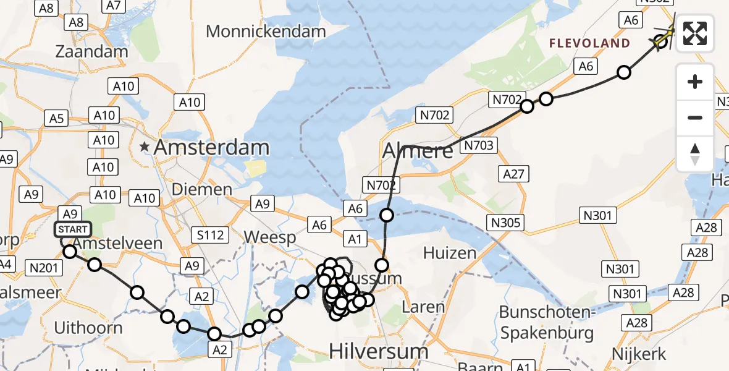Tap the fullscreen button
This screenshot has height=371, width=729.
(695, 33)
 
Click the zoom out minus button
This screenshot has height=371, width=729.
(695, 117)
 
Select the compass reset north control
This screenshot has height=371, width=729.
(695, 154)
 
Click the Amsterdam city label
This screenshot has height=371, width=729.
(211, 148)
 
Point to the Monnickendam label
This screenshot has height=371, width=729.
(266, 31)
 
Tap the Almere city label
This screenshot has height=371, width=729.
(418, 150)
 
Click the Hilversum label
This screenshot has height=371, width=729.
(378, 351)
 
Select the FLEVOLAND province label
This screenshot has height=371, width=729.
(590, 43)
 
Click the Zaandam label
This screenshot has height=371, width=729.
(91, 51)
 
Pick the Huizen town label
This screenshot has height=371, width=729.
(449, 252)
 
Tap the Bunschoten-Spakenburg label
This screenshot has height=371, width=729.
(547, 322)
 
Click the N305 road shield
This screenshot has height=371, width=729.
(507, 223)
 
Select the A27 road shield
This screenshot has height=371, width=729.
(515, 174)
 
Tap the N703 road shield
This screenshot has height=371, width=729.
(478, 146)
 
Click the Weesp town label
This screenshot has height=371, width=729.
(271, 237)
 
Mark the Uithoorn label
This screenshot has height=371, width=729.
(88, 327)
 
